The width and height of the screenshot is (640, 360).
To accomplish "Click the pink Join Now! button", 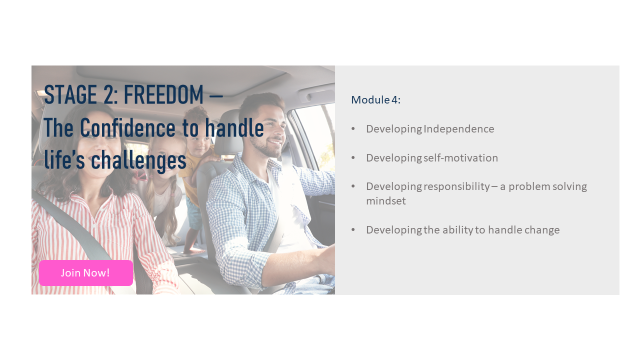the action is pyautogui.click(x=86, y=273).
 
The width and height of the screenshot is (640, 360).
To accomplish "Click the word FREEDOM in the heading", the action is pyautogui.click(x=163, y=95).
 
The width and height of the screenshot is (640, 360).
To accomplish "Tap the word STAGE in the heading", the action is pyautogui.click(x=70, y=95).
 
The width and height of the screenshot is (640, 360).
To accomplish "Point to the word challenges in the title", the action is pyautogui.click(x=138, y=160).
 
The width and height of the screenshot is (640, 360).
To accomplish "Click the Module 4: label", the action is pyautogui.click(x=375, y=100).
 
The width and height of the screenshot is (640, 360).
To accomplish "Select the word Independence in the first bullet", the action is pyautogui.click(x=459, y=129).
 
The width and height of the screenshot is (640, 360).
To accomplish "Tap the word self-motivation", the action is pyautogui.click(x=461, y=158).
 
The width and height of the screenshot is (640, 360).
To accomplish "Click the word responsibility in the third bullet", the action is pyautogui.click(x=457, y=186).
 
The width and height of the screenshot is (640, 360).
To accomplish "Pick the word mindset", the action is pyautogui.click(x=385, y=201).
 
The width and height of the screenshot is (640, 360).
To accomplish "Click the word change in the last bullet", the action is pyautogui.click(x=542, y=230).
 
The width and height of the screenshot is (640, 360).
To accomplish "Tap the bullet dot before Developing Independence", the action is pyautogui.click(x=353, y=129).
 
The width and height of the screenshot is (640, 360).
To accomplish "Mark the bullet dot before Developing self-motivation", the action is pyautogui.click(x=353, y=157).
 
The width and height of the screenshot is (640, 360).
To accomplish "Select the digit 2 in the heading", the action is pyautogui.click(x=108, y=95).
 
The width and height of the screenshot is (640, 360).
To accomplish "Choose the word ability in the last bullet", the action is pyautogui.click(x=457, y=230).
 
